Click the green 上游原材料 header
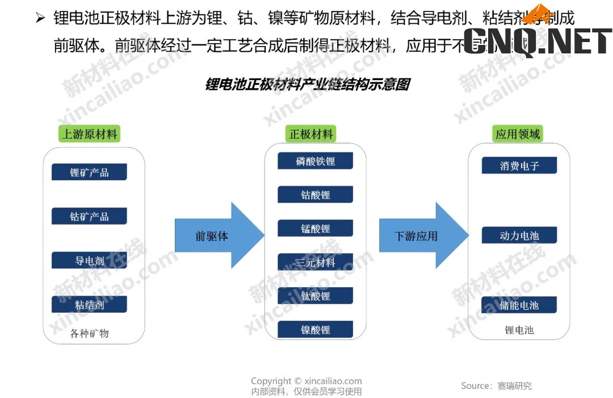pos(89,135)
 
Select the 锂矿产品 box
pos(89,172)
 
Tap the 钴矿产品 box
pos(89,216)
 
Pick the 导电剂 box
pos(89,260)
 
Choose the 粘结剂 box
pos(89,304)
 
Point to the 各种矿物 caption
pos(89,333)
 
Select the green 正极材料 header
pos(311,134)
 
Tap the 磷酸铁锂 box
pos(315,161)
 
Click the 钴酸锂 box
pos(315,194)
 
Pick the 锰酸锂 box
pos(315,229)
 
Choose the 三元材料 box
pos(315,262)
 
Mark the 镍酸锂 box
pos(315,329)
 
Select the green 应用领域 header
pos(518,134)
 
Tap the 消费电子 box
pos(519,165)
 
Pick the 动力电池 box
pos(519,235)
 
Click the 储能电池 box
pos(519,305)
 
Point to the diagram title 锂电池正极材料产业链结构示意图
pos(307,85)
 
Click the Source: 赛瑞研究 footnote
pos(496,385)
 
